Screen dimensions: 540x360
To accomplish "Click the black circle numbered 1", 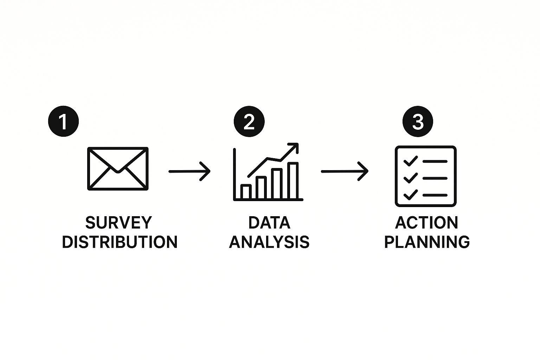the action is click(63, 121).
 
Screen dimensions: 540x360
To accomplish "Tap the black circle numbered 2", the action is click(249, 121).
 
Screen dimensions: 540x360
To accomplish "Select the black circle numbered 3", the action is click(418, 121).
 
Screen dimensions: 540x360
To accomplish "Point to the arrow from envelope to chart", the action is click(189, 172).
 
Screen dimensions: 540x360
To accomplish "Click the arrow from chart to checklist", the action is click(345, 172).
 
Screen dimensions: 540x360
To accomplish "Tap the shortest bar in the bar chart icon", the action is click(246, 192).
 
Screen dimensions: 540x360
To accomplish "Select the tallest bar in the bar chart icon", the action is click(293, 181).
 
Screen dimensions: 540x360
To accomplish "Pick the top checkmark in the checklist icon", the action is click(411, 161).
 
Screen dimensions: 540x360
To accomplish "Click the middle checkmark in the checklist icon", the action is click(411, 178).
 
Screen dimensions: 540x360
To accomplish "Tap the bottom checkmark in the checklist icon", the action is click(411, 195).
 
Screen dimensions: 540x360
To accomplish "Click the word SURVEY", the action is click(118, 223).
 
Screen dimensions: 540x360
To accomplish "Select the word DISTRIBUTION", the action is click(120, 242).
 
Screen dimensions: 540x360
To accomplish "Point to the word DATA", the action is click(269, 223).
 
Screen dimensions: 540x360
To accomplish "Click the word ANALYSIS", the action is click(269, 242).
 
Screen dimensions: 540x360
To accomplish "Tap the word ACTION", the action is click(426, 223).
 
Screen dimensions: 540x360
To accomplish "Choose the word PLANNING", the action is click(427, 242).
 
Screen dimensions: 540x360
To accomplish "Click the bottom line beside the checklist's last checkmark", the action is click(435, 195).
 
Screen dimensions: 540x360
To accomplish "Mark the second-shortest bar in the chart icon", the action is click(261, 188).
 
